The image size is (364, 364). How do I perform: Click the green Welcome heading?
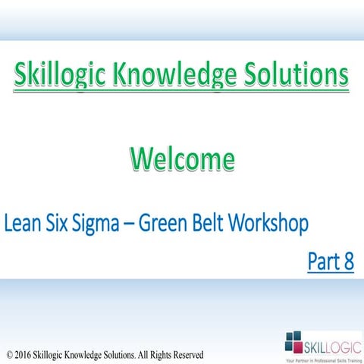point(181,160)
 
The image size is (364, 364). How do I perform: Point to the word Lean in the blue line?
point(24,224)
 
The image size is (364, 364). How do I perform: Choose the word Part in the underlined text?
point(322,262)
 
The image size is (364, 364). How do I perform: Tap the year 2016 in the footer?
point(24,354)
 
